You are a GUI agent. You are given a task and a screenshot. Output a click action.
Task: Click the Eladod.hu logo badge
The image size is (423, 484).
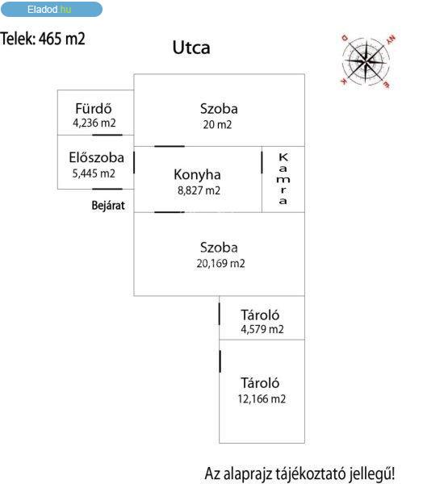pyautogui.click(x=52, y=9)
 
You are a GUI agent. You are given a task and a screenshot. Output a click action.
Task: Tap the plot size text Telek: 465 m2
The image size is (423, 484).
pyautogui.click(x=43, y=39)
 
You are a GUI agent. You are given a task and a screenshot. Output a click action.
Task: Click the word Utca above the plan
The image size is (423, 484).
pyautogui.click(x=191, y=48)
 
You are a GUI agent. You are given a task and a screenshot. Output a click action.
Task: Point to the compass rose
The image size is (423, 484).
pyautogui.click(x=366, y=61)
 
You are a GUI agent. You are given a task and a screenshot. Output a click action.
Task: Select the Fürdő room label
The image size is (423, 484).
pyautogui.click(x=94, y=108)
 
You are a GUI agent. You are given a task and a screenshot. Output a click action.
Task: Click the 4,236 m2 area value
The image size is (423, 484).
pyautogui.click(x=94, y=123)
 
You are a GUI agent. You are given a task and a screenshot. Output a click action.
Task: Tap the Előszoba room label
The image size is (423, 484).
pyautogui.click(x=96, y=157)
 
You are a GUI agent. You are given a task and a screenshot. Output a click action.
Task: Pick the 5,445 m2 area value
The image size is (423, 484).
pyautogui.click(x=94, y=173)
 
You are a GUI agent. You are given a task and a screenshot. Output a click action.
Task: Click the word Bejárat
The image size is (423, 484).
pyautogui.click(x=108, y=205)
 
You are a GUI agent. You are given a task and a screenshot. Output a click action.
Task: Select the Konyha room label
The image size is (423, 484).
pyautogui.click(x=197, y=175)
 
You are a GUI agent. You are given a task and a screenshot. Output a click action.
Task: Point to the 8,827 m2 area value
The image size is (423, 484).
pyautogui.click(x=199, y=190)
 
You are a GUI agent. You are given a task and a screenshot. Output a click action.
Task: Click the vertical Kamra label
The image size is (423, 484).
pyautogui.click(x=283, y=179)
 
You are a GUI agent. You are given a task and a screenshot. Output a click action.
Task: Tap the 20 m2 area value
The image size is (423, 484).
pyautogui.click(x=217, y=125)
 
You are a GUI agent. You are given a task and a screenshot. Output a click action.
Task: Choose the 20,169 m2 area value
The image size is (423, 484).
pyautogui.click(x=220, y=264)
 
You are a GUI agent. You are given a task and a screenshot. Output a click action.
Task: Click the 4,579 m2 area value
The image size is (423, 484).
pyautogui.click(x=262, y=329)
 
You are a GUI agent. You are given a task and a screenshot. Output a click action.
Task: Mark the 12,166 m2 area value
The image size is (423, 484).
pyautogui.click(x=262, y=398)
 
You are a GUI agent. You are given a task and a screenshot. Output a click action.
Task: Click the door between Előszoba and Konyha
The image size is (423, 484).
pyautogui.click(x=134, y=163)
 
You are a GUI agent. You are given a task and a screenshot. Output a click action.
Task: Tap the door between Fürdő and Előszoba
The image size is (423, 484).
pyautogui.click(x=107, y=135)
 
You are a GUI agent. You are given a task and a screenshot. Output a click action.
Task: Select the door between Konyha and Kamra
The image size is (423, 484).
pyautogui.click(x=262, y=163)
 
